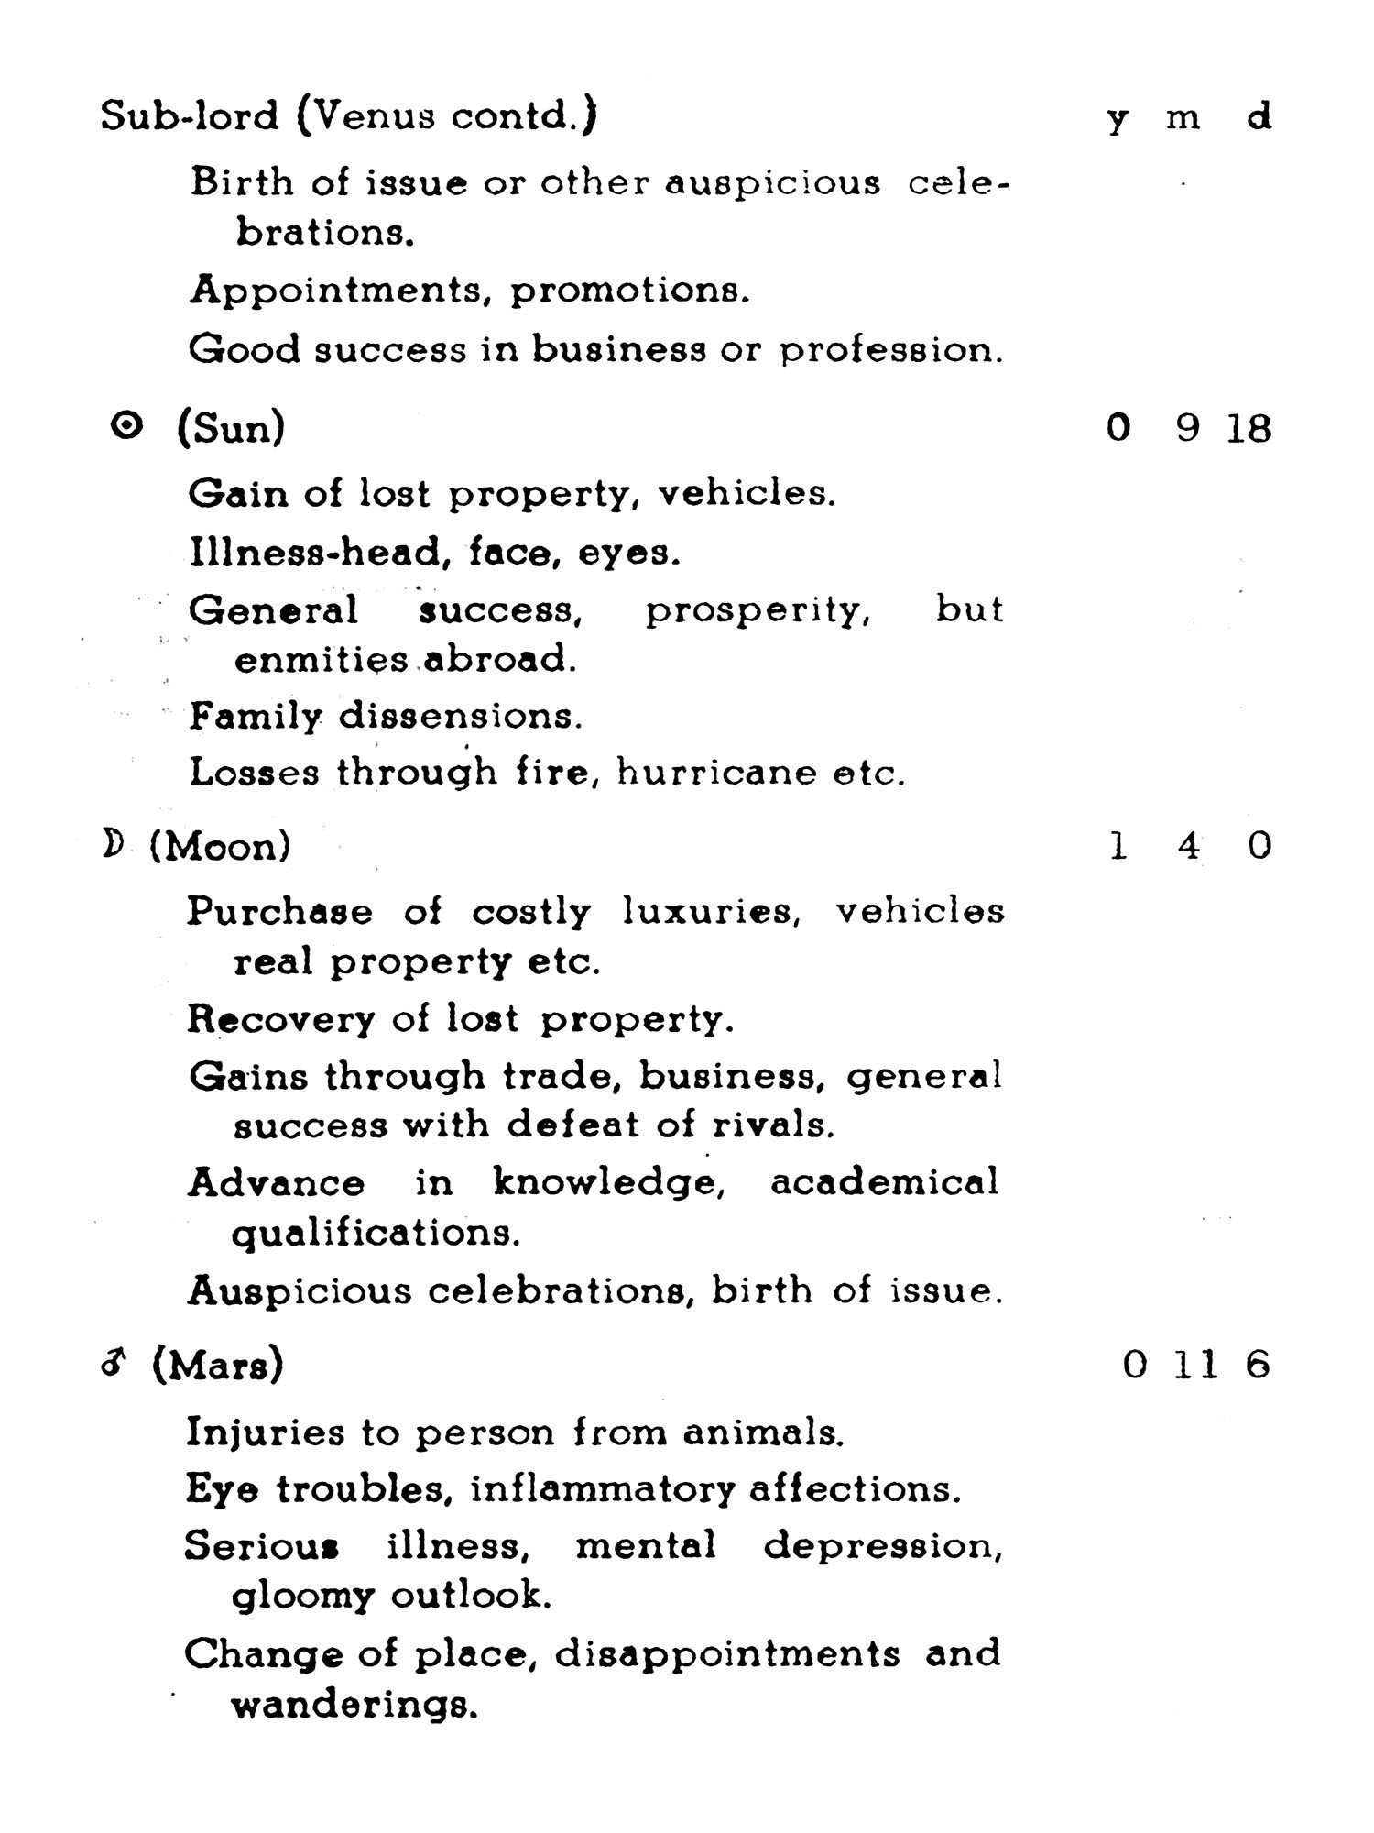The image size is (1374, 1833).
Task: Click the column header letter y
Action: coord(1116,119)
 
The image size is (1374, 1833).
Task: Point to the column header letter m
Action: coord(1183,118)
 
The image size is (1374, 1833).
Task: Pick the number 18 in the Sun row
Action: coord(1249,428)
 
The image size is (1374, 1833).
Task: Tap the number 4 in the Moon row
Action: coord(1188,845)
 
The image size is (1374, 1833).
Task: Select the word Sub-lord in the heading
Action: coord(189,116)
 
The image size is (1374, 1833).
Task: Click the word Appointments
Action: coord(337,291)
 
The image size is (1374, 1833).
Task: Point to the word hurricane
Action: coord(716,773)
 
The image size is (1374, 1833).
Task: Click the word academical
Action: coord(884,1182)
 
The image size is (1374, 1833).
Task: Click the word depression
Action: coord(883,1547)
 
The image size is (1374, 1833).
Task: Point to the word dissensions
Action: coord(460,716)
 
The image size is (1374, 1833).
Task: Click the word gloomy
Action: coord(302,1597)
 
